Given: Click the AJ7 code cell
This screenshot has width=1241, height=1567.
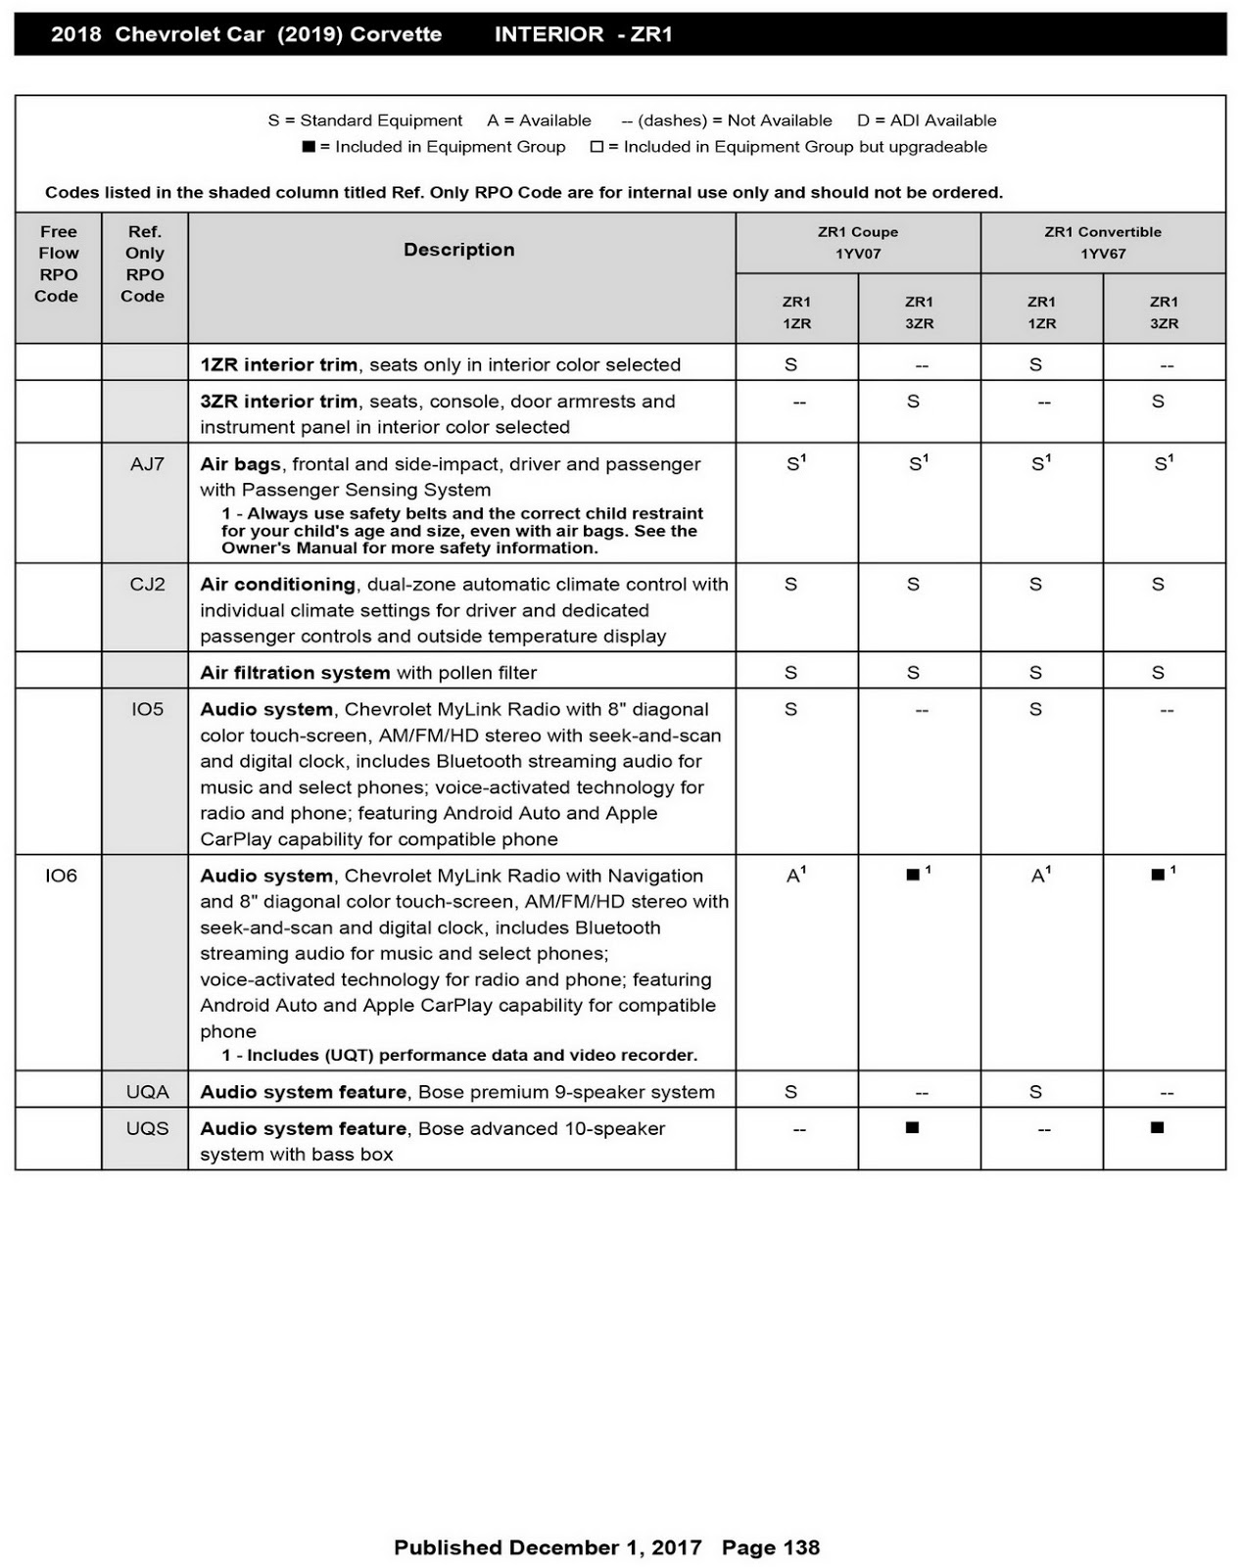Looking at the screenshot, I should point(147,464).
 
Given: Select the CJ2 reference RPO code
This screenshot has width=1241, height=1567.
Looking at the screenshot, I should point(147,585).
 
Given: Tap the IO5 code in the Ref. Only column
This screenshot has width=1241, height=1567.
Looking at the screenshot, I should point(147,709).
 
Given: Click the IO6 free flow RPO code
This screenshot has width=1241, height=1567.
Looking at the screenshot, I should point(61,876).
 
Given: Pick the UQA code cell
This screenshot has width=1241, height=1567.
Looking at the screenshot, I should point(147,1092).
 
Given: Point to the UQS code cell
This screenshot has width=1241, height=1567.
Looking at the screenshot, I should point(147,1128).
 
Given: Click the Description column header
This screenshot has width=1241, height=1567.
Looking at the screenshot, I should point(459,250).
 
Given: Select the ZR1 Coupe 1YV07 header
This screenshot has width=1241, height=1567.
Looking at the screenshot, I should point(858,243).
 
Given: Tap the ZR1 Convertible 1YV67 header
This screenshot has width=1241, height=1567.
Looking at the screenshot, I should point(1103,243).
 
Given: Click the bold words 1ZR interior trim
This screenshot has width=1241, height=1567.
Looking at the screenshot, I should point(278,364).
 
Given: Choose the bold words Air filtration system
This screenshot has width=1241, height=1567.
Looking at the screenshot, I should point(295,673).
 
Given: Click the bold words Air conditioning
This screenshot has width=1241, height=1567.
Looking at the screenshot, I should point(277,585).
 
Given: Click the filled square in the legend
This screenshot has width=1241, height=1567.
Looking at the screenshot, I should point(309,147).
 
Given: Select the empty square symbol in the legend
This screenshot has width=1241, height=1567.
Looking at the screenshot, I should point(597,147).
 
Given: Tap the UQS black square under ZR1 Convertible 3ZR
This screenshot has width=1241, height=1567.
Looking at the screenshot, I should point(1157,1127).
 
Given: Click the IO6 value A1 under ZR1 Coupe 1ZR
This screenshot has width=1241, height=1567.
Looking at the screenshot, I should point(795,875).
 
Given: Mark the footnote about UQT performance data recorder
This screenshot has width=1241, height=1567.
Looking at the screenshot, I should point(459,1055).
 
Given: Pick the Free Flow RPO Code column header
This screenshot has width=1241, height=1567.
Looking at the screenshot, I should point(58,263).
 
